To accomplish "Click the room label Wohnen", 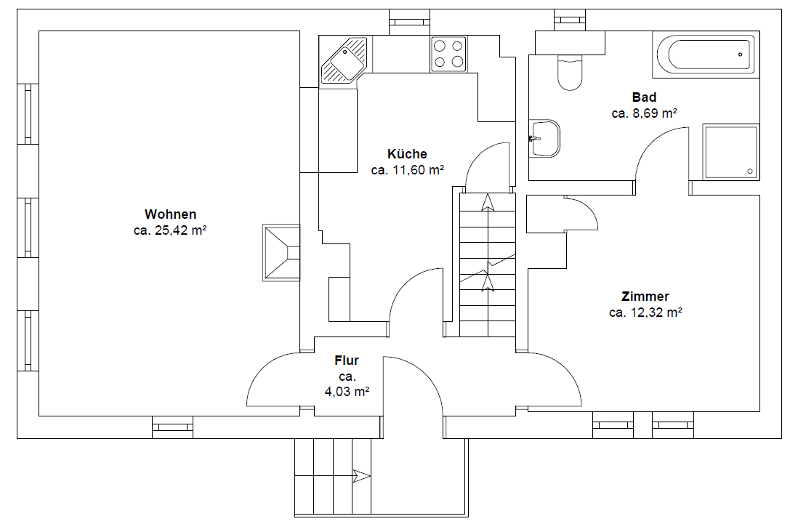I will point(170,214).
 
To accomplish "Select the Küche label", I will point(407,154).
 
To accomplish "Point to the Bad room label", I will point(644,97).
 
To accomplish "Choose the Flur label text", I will point(347,360).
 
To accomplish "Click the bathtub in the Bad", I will point(706,55).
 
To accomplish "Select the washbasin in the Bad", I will point(544,138).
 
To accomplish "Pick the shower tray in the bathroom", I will point(730,151).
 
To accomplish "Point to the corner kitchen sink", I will point(344,61).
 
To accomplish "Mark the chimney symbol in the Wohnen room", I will point(281,252).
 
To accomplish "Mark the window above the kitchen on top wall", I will point(409,22).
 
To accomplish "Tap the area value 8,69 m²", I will point(644,113).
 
